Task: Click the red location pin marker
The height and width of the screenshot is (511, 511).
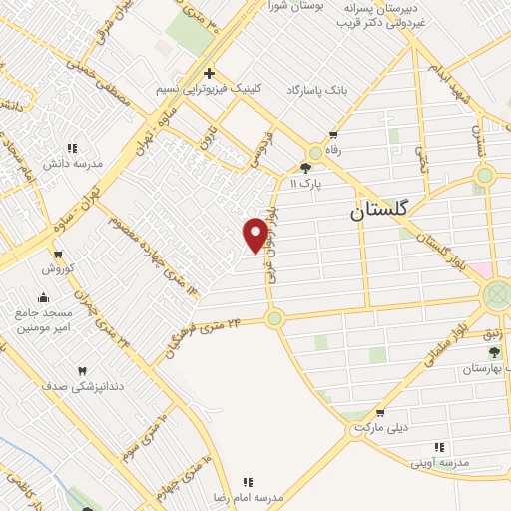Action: pos(255,234)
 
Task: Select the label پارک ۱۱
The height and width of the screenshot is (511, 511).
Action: pos(307,184)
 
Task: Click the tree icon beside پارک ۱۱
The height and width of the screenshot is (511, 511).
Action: pos(305,168)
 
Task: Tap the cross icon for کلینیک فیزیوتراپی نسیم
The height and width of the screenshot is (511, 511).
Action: pos(208,73)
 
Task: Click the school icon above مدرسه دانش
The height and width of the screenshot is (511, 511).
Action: pos(71,148)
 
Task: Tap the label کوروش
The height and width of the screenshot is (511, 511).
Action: pos(59,269)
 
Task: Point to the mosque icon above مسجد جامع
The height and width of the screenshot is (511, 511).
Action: pos(43,296)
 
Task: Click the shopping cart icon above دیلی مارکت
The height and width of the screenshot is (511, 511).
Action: pos(380,413)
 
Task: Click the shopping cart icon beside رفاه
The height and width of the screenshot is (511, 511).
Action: pos(332,135)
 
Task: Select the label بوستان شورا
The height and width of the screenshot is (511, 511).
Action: pos(283,8)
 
